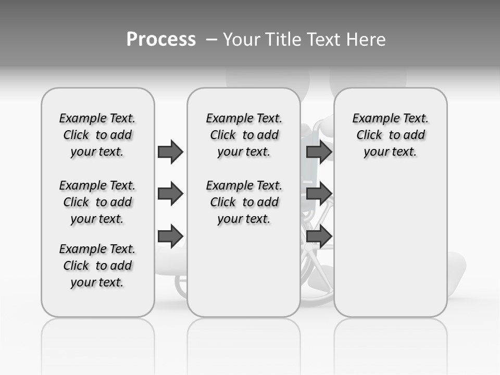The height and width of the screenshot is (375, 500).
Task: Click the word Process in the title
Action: (161, 39)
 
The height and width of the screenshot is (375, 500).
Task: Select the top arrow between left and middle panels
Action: (170, 152)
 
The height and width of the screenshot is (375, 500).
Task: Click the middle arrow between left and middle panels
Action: (170, 194)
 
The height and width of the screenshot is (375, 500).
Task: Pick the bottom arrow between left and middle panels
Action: (170, 236)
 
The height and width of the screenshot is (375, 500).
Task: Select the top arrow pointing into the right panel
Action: (319, 152)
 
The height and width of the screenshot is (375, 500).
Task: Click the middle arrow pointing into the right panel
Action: (319, 194)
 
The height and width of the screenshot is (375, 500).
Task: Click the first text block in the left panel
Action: (97, 135)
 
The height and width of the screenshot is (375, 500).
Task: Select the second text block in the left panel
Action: (97, 202)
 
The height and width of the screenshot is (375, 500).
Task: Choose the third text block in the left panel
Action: (97, 266)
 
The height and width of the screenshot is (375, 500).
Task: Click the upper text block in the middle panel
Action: (244, 135)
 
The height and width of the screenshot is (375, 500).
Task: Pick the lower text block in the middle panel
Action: (244, 202)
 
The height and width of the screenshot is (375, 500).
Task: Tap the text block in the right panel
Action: (390, 135)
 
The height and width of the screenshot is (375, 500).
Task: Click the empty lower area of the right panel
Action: (390, 245)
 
